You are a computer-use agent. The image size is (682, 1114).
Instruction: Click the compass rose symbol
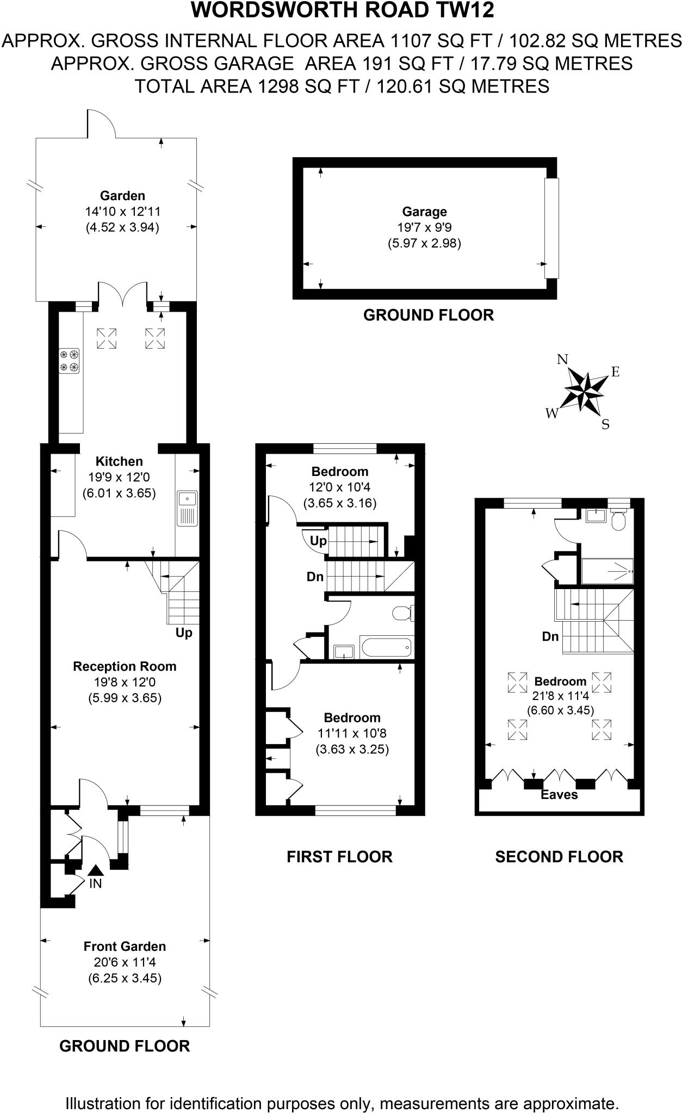585,389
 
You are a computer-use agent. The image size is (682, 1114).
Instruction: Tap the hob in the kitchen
69,361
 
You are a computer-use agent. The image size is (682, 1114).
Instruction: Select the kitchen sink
187,508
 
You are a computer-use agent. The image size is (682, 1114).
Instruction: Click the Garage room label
424,212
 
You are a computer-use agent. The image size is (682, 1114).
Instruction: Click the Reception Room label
125,666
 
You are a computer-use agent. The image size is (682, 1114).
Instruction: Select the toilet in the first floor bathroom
403,613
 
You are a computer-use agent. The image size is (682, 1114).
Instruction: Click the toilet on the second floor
618,521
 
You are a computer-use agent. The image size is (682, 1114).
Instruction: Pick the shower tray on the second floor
607,571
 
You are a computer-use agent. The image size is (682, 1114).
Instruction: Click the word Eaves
559,795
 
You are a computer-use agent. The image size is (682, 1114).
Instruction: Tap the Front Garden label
125,946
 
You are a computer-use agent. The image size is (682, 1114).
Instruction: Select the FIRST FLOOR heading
339,857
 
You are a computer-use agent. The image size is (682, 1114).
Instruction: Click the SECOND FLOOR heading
559,857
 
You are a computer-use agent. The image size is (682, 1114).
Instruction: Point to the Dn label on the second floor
550,636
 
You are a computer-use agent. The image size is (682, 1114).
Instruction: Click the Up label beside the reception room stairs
184,633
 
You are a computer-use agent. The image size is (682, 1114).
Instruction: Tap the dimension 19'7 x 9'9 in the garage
424,227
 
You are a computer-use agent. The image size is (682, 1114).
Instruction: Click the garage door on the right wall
551,228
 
